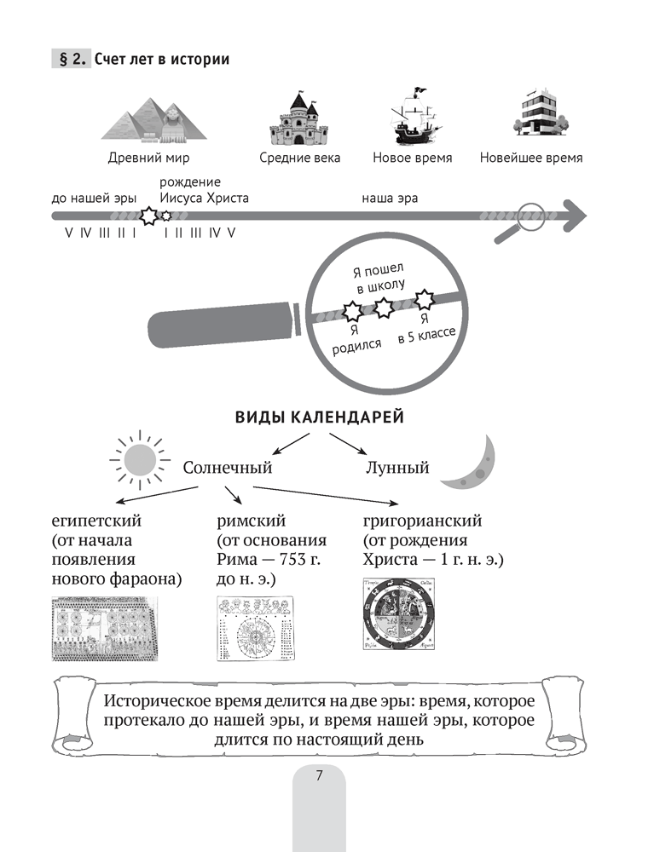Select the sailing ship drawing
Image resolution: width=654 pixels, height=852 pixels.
(x=412, y=118)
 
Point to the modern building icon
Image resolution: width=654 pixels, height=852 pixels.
(x=530, y=115)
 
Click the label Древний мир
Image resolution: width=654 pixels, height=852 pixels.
(x=149, y=158)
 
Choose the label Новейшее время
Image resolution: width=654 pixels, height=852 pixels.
(x=530, y=158)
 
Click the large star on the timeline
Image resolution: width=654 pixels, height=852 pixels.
(x=148, y=216)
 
